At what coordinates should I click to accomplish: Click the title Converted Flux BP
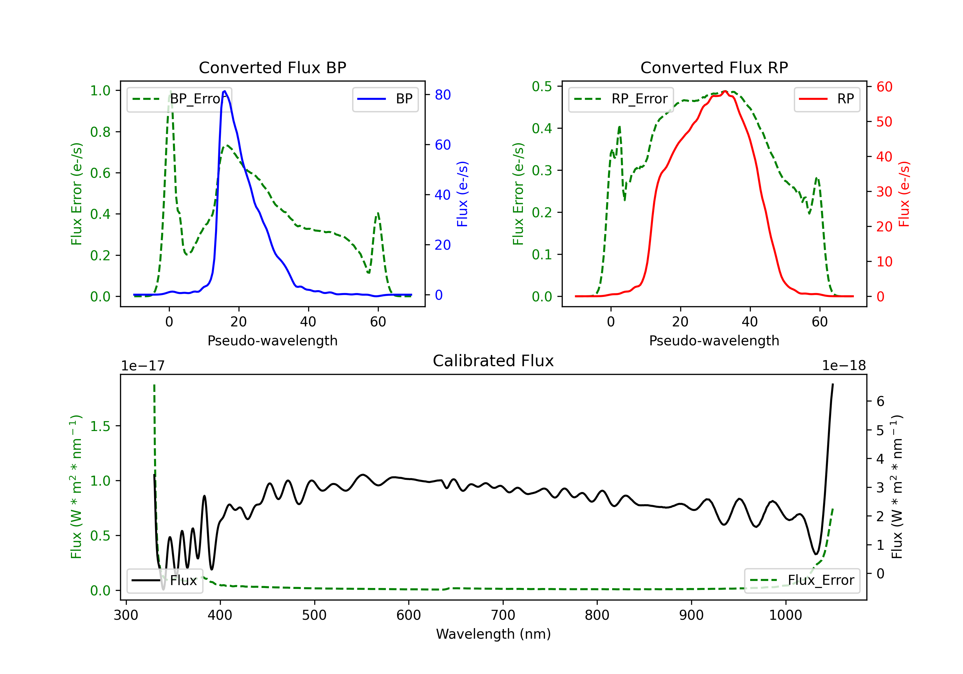[272, 67]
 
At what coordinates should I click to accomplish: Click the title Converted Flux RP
[714, 67]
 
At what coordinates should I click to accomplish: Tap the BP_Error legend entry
[179, 99]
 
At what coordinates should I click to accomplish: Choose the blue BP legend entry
[385, 99]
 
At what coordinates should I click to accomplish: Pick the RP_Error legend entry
[621, 99]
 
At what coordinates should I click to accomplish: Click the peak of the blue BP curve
[225, 91]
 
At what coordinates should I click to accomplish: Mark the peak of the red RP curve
[725, 91]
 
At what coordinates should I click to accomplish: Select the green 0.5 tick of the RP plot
[542, 86]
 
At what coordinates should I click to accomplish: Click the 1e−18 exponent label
[844, 366]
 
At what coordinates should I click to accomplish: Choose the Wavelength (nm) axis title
[493, 634]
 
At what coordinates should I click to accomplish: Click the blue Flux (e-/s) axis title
[462, 194]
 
